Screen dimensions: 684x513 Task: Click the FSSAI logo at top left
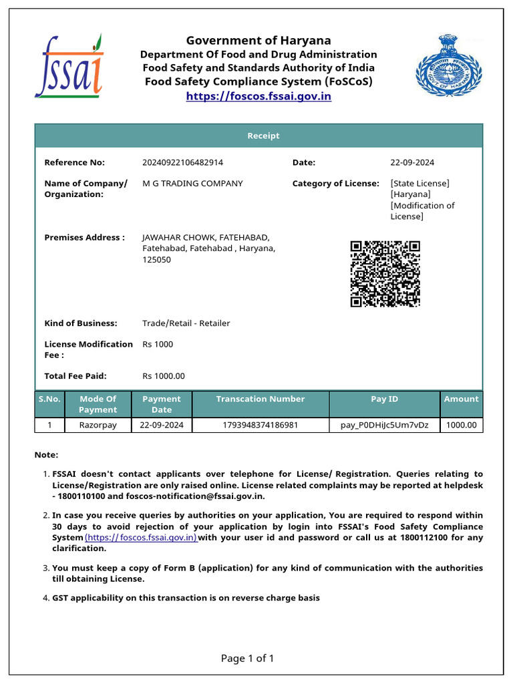pos(69,67)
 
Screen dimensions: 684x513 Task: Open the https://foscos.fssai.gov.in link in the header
pos(258,96)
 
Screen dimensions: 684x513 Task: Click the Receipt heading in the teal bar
pos(263,136)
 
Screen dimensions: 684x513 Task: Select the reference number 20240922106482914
pos(182,162)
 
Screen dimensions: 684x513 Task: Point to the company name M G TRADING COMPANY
pos(192,183)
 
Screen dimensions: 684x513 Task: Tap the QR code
pos(385,274)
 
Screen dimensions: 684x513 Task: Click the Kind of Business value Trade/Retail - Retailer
pos(186,323)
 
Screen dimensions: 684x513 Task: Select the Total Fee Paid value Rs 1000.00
pos(164,376)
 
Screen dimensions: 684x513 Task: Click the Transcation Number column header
pos(260,399)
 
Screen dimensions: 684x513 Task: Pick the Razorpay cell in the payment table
pos(98,425)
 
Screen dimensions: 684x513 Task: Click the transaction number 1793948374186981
pos(260,425)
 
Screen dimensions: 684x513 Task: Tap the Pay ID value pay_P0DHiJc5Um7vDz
pos(384,425)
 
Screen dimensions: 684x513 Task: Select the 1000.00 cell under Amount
pos(461,425)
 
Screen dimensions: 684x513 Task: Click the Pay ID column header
pos(384,399)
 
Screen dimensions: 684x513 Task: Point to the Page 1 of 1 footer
pos(247,659)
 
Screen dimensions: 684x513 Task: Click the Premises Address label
pos(84,237)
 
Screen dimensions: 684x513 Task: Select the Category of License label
pos(335,183)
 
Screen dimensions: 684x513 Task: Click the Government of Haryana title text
pos(258,40)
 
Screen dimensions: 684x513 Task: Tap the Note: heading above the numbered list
pos(46,454)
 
